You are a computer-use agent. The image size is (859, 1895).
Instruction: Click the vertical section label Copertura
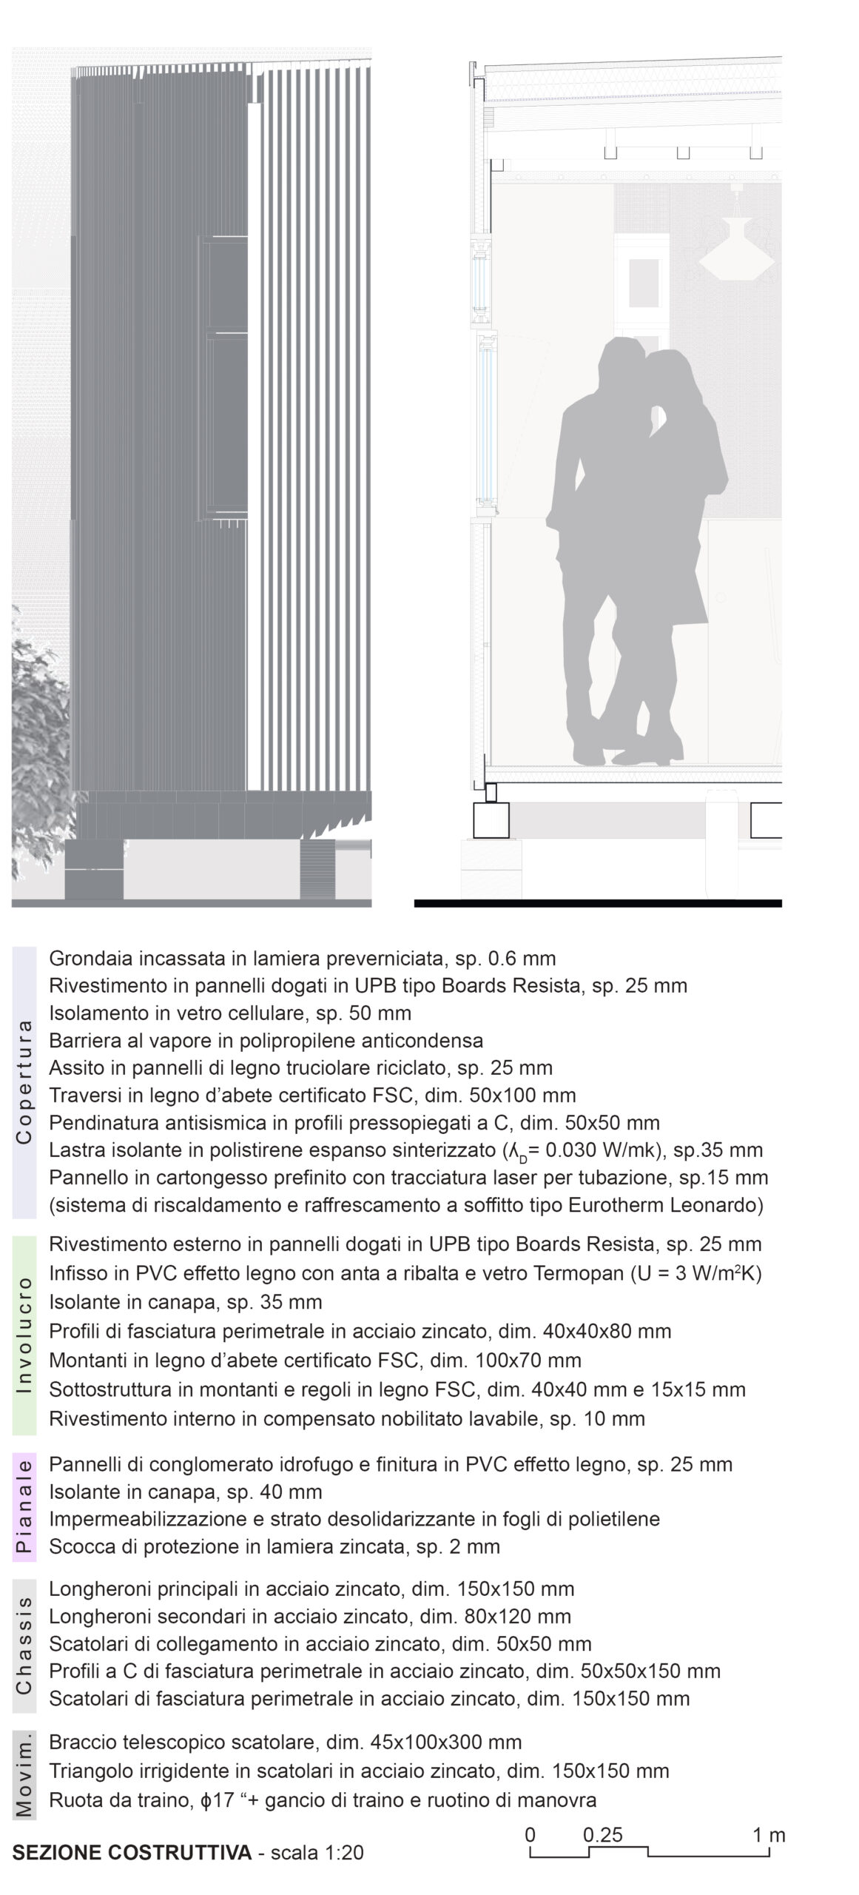(x=24, y=1081)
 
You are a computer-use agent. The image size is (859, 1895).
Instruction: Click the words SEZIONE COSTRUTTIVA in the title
(x=132, y=1853)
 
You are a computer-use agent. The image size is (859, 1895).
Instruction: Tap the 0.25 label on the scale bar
(x=602, y=1829)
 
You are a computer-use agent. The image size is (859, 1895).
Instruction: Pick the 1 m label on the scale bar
(x=769, y=1829)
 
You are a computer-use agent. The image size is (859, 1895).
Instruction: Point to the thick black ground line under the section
(x=598, y=903)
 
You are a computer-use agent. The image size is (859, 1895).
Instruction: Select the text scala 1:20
(x=317, y=1853)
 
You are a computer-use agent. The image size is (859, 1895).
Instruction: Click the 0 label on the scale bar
(x=530, y=1829)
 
